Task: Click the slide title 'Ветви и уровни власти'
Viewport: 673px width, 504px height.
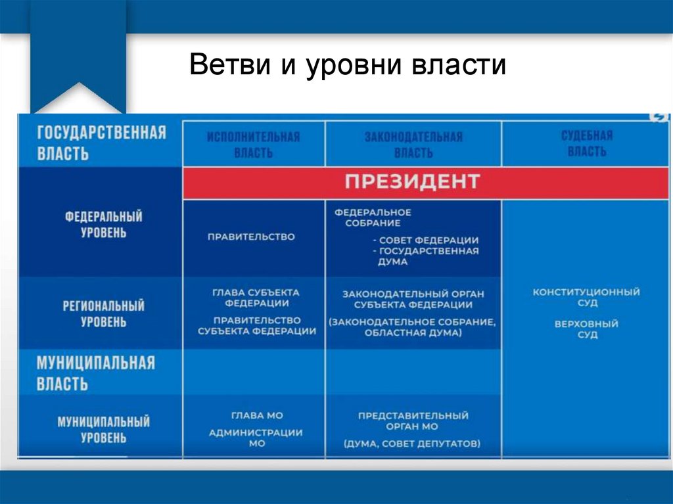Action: [348, 66]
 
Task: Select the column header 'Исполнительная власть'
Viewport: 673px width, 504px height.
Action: [253, 145]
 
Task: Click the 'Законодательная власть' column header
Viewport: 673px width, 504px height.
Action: [413, 145]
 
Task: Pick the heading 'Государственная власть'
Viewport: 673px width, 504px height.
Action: [101, 143]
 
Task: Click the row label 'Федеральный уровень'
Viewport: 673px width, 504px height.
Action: [104, 224]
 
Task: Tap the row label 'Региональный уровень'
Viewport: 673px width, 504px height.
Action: [104, 313]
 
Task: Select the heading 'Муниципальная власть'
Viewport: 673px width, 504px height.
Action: [95, 373]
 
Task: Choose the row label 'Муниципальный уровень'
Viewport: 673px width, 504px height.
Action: [104, 429]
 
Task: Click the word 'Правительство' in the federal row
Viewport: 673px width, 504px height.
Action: [251, 237]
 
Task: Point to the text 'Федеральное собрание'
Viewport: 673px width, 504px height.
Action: [373, 218]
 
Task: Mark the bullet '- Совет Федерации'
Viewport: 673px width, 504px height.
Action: [425, 240]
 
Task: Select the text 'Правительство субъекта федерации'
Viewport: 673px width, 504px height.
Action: [257, 325]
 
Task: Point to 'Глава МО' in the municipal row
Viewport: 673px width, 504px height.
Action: [256, 415]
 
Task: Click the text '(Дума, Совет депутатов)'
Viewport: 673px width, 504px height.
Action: [412, 444]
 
